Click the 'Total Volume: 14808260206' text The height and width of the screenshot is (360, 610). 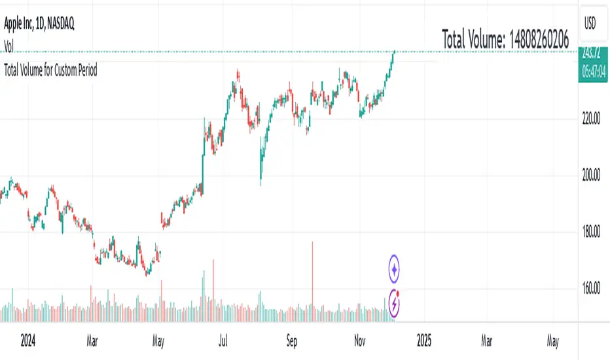pos(505,39)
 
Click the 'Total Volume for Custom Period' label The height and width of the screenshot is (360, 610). pos(50,70)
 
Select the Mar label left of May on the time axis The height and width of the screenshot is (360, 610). pos(92,341)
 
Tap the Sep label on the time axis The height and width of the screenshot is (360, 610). pos(292,341)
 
